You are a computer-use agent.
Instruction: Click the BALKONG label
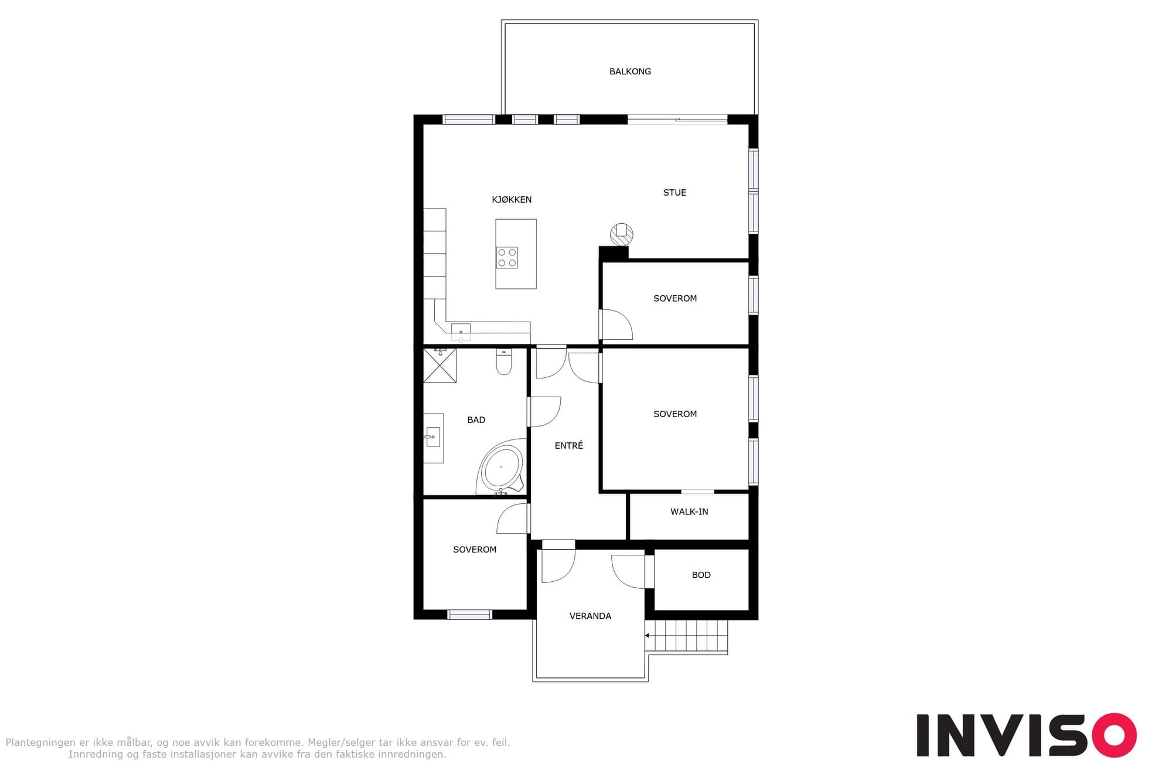630,71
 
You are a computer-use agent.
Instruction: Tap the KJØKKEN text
512,199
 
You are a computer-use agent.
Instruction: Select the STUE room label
674,192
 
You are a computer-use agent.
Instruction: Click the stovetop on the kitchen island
507,258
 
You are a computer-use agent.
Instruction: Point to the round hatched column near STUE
622,234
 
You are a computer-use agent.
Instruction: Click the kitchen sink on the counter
461,332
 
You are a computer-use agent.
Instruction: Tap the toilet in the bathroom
504,361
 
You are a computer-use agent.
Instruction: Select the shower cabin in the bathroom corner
439,365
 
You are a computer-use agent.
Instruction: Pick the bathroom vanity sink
433,437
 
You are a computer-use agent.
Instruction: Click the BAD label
476,420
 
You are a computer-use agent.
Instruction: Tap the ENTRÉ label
569,445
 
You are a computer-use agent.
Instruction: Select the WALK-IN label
689,511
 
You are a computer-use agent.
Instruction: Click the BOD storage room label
701,575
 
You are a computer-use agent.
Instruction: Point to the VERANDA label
590,616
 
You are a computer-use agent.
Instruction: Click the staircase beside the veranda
686,636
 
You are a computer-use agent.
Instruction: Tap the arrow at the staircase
648,635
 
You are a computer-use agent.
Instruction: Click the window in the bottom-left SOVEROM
469,615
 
